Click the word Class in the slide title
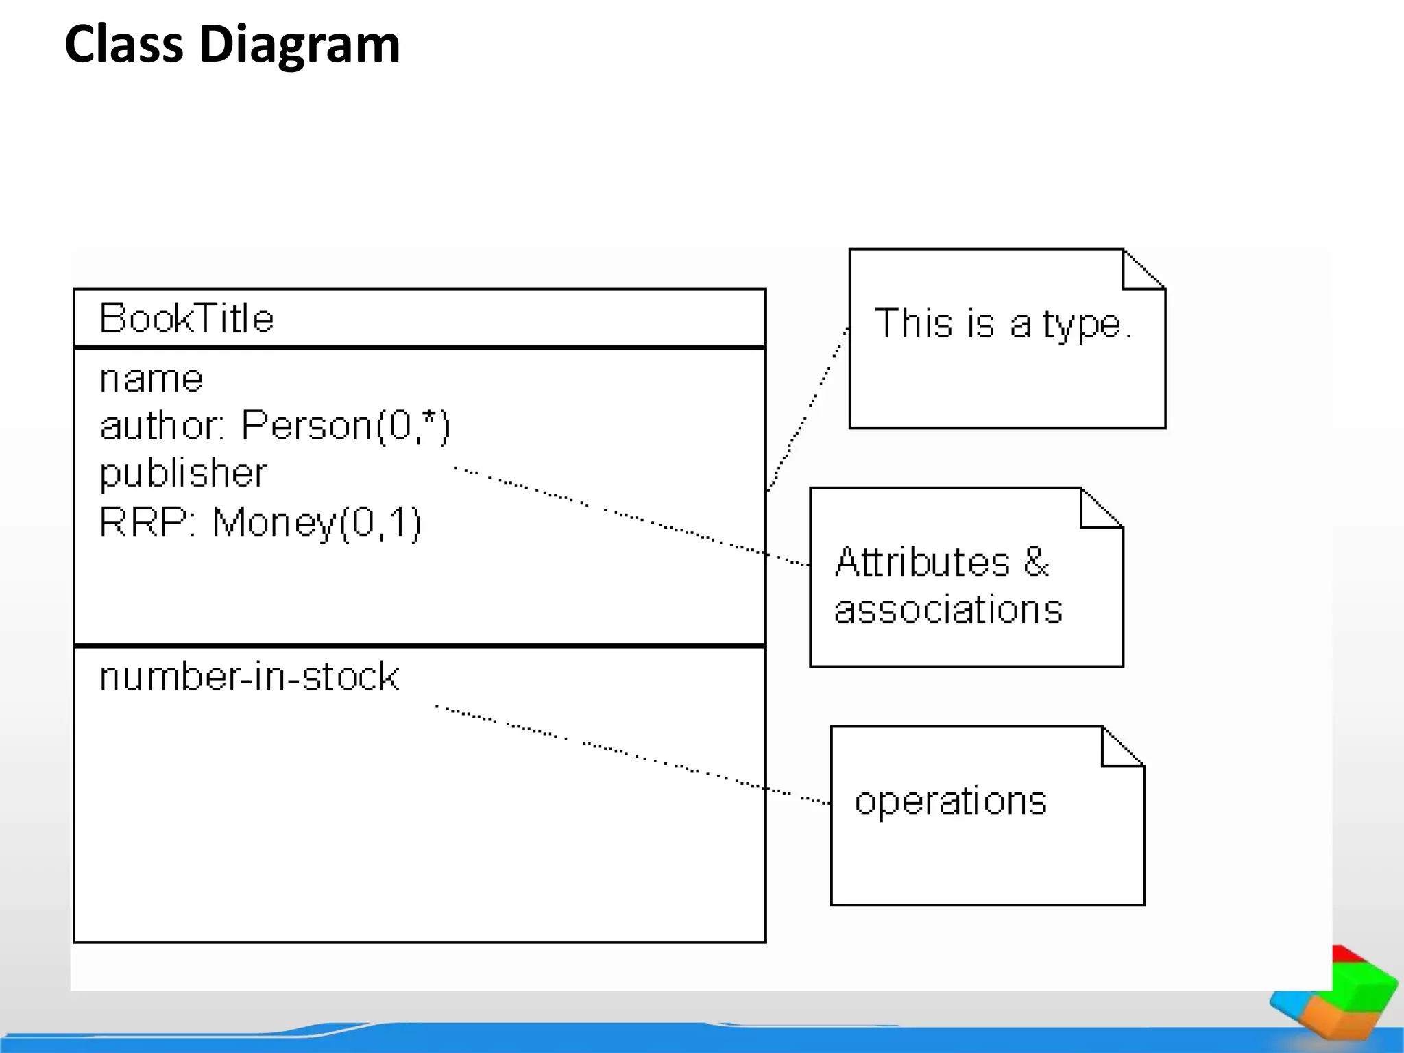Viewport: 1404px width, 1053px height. (124, 44)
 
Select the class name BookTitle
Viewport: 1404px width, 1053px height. (186, 319)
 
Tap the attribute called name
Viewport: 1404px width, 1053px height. (151, 379)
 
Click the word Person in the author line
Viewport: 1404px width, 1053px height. (306, 426)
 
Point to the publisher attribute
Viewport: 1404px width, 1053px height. (183, 474)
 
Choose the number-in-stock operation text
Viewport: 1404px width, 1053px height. (249, 677)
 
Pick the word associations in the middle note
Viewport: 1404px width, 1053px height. (948, 609)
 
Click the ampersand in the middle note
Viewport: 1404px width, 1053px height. (1037, 561)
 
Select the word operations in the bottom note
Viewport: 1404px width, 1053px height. (951, 801)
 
